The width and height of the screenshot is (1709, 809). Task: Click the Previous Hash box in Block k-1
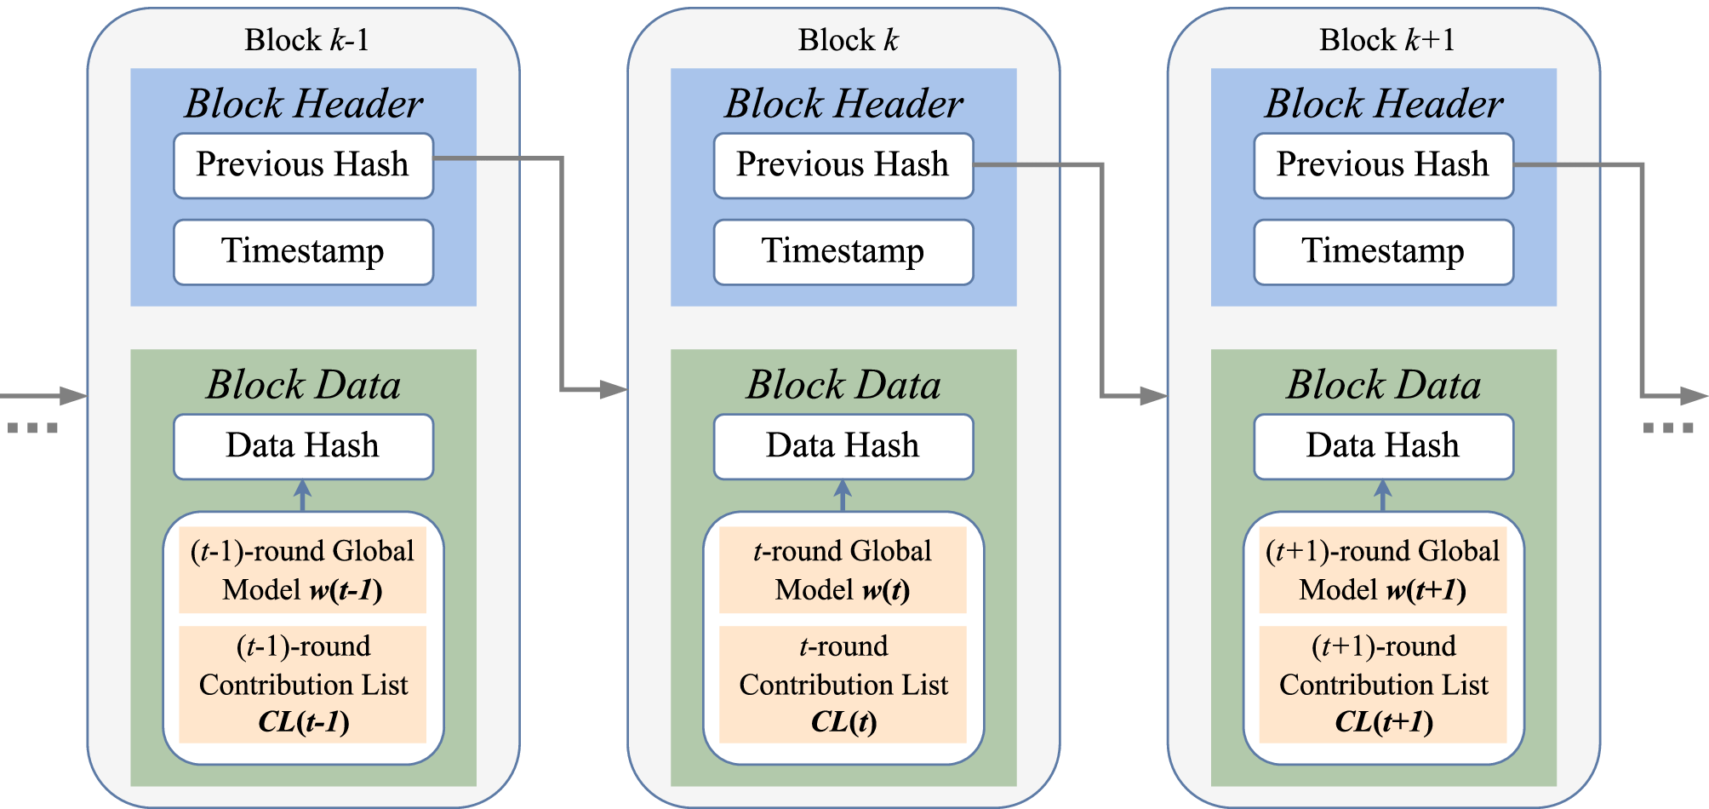coord(303,165)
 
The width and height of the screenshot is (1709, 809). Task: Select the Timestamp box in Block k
coord(843,252)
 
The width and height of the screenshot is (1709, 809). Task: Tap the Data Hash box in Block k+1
coord(1383,446)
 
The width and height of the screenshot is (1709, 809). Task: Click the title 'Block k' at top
coord(848,40)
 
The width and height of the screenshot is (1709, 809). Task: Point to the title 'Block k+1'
coord(1387,40)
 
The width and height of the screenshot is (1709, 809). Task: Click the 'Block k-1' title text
coord(306,40)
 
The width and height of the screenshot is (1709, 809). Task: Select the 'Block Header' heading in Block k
coord(843,104)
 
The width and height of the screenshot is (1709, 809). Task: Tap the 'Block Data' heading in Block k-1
coord(303,385)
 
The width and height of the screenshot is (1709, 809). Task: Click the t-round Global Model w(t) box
coord(843,570)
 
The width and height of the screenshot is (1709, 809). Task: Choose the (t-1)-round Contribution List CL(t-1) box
coord(303,684)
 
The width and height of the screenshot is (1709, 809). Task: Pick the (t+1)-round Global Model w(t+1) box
coord(1383,570)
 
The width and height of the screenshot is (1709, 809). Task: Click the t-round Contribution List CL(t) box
coord(843,684)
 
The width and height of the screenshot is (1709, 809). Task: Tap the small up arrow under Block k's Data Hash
coord(843,494)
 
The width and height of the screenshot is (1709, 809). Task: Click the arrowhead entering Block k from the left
coord(614,390)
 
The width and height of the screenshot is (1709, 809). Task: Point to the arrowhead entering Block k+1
coord(1154,396)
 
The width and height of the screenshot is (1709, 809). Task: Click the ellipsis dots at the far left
coord(32,427)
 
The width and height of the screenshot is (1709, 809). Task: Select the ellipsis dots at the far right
coord(1667,427)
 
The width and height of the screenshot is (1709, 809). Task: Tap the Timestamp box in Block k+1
coord(1383,252)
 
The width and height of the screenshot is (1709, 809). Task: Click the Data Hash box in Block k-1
coord(303,446)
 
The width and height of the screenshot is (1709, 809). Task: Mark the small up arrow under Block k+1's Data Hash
coord(1383,494)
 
